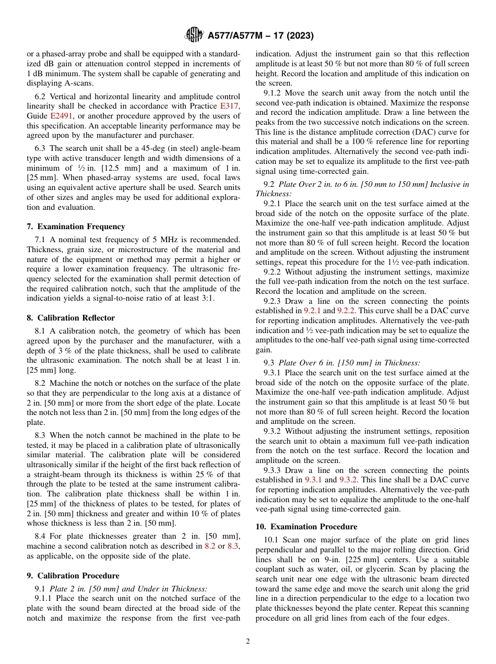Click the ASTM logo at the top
tap(194, 35)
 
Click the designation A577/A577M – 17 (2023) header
tap(261, 35)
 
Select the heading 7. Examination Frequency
tap(76, 227)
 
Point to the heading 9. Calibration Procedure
tap(73, 576)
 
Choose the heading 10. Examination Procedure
tap(306, 527)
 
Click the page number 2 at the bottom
tap(248, 642)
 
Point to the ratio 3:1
tap(207, 299)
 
